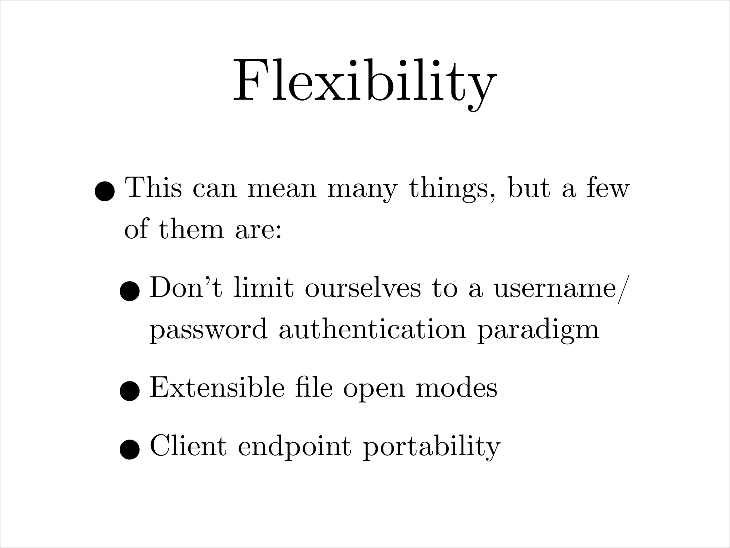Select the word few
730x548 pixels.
[608, 188]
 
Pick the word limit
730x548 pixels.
[264, 287]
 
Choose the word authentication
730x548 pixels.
[372, 329]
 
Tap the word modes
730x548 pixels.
[457, 388]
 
